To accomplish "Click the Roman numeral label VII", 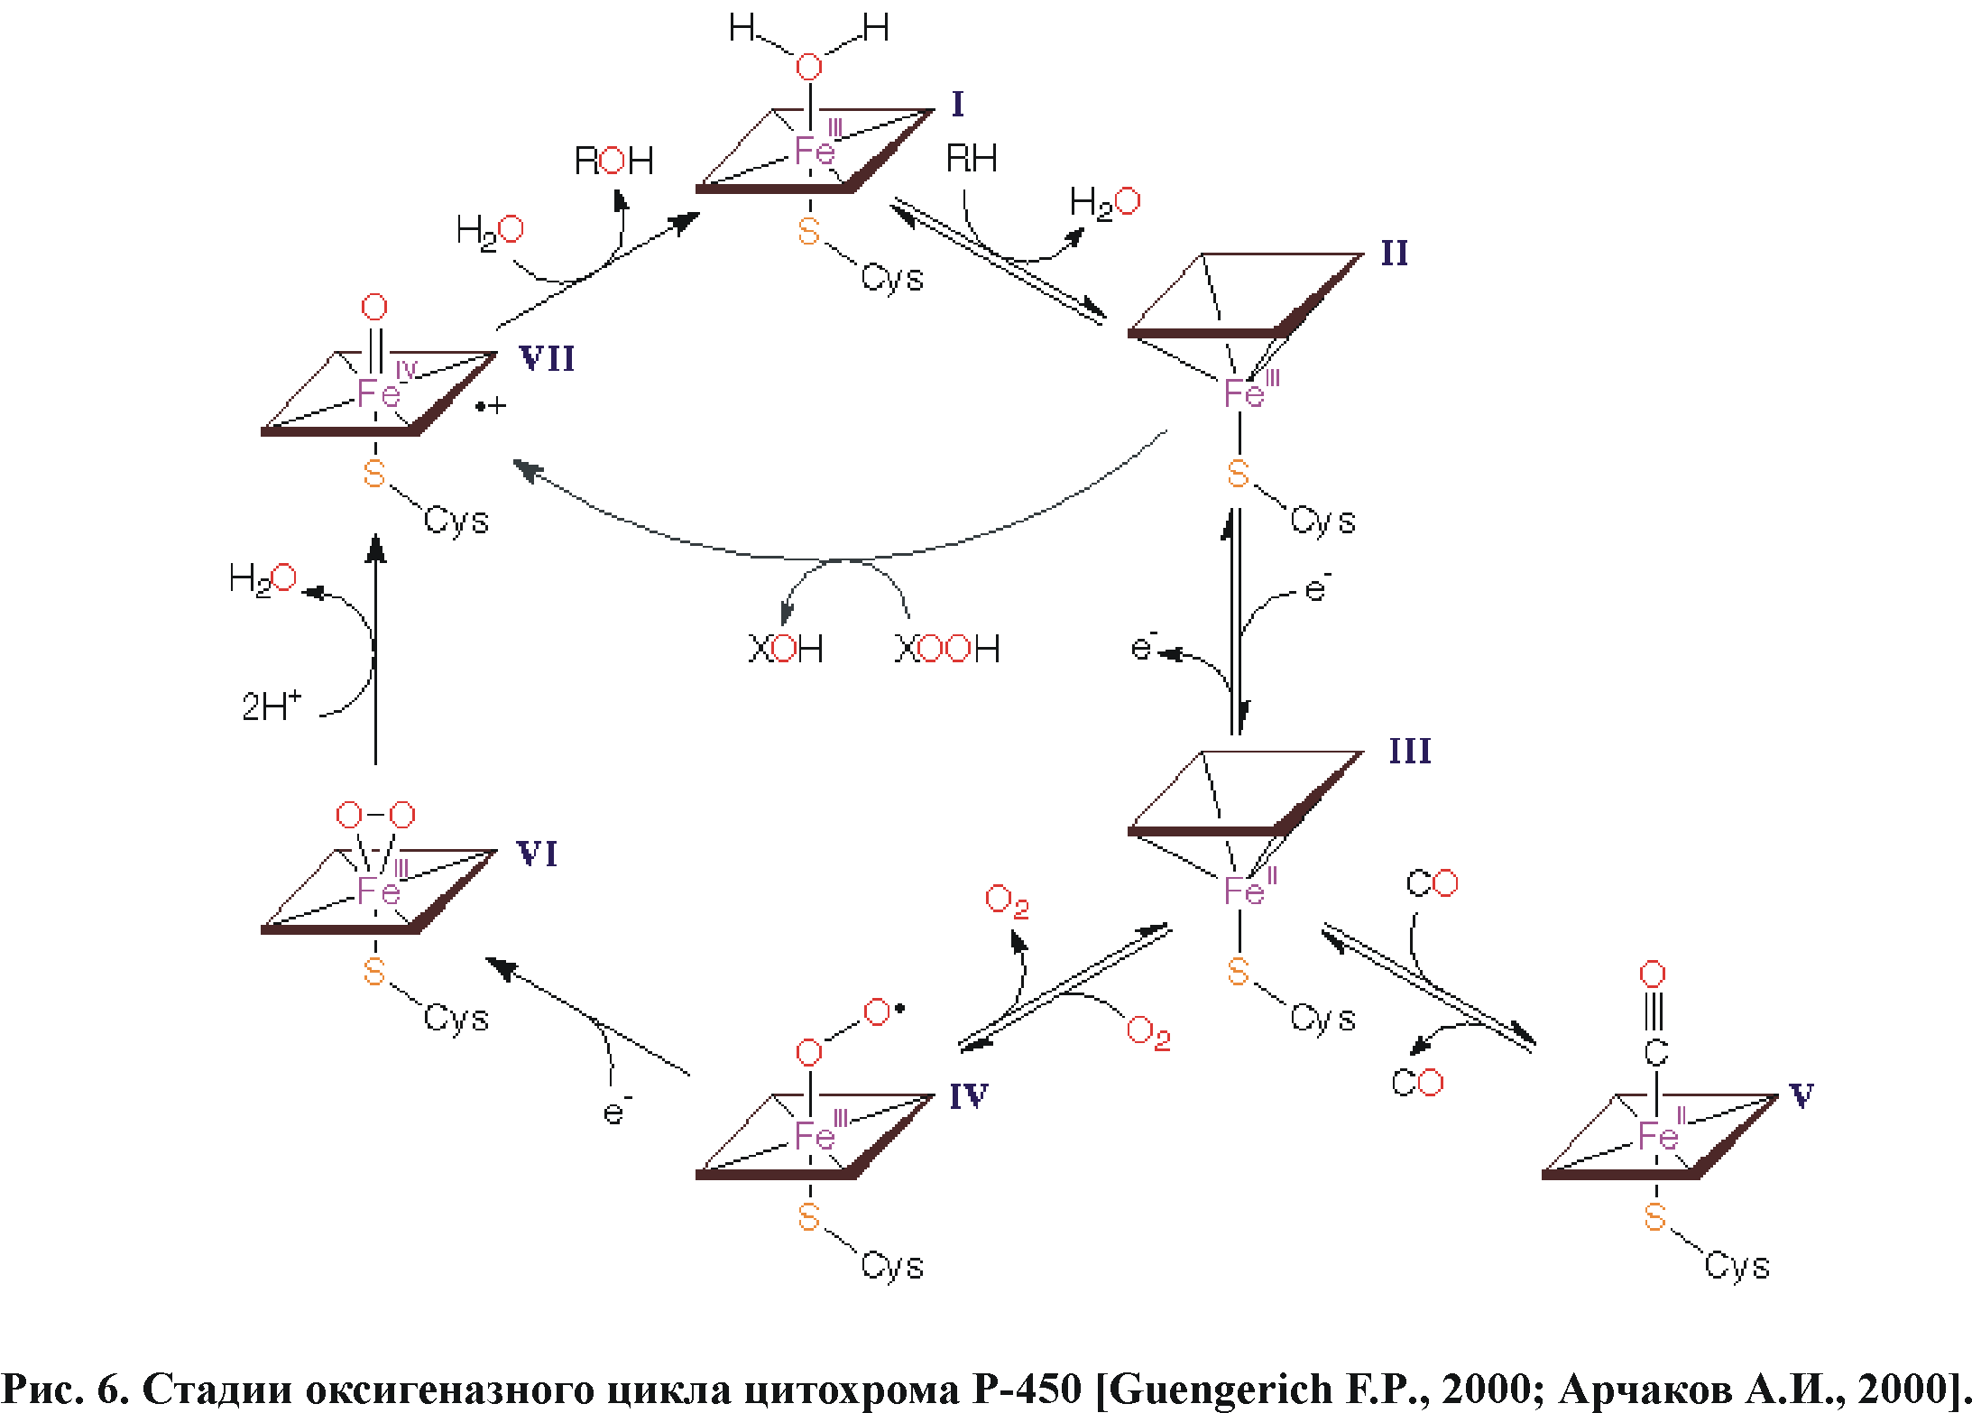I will (x=547, y=359).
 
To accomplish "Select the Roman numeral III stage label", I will (x=1409, y=752).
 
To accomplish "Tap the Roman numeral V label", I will (x=1801, y=1096).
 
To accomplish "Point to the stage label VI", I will (x=537, y=854).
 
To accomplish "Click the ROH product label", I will (x=613, y=162).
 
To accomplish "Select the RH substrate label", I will (x=971, y=160).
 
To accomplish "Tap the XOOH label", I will (x=946, y=649).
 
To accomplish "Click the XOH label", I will (x=785, y=649).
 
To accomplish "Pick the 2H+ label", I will (x=271, y=706).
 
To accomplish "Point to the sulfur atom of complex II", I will (x=1238, y=474).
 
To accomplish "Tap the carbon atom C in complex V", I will (x=1654, y=1052).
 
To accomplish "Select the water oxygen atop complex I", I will (x=809, y=67).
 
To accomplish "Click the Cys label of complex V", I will (x=1737, y=1265).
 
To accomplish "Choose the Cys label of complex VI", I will (x=456, y=1019).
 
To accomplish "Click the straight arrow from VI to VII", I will (x=375, y=650).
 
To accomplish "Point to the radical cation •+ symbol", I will (x=491, y=407).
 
